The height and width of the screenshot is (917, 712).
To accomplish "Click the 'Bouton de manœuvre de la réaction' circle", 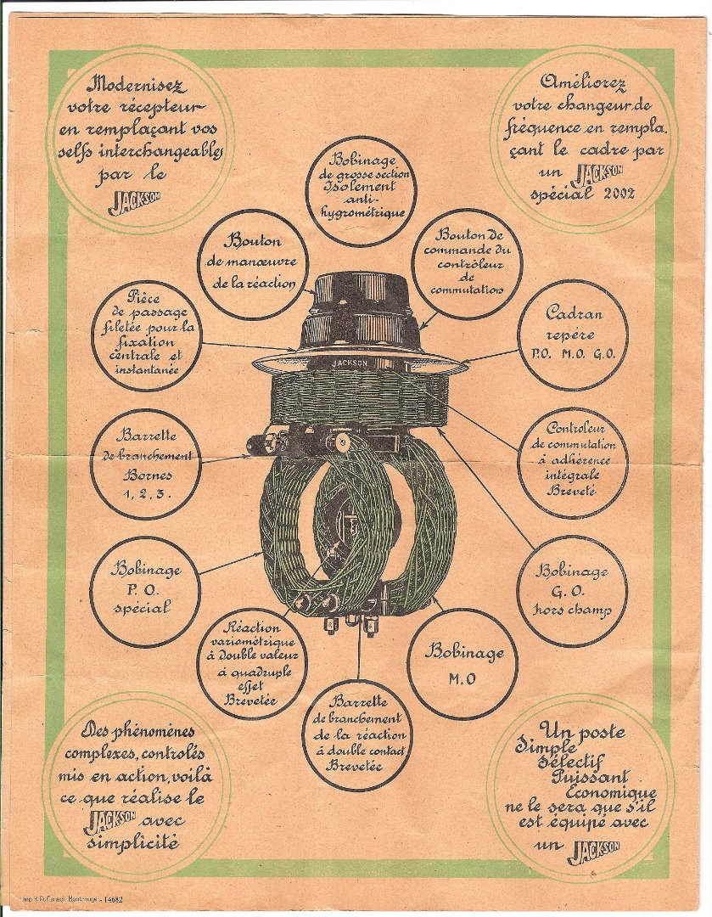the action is pos(253,263).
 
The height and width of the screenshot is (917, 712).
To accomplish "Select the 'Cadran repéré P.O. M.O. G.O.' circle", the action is pos(573,335).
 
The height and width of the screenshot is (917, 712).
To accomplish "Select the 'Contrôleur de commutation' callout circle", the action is pos(572,463).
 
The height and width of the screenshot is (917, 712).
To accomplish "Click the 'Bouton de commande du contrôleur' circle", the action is pos(466,263).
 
